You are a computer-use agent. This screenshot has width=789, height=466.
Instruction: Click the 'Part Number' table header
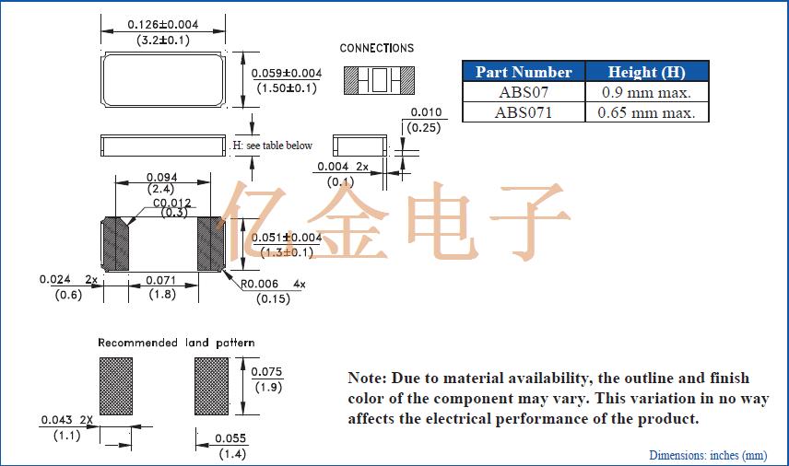click(x=523, y=72)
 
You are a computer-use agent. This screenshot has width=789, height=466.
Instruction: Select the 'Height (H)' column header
click(x=647, y=72)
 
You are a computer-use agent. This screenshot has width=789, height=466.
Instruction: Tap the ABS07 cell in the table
click(x=523, y=92)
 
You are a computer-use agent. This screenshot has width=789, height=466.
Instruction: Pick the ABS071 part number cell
click(x=523, y=112)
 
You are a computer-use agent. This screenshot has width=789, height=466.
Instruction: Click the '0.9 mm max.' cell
click(x=647, y=92)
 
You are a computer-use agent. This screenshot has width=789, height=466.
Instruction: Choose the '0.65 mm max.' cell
click(x=647, y=112)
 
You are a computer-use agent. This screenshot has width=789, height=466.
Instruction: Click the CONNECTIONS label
click(x=377, y=48)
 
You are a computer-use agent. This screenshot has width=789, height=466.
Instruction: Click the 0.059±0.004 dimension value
click(x=287, y=73)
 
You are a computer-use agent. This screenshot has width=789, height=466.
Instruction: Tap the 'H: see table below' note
click(x=272, y=146)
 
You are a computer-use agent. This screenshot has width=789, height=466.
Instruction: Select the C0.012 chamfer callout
click(x=172, y=203)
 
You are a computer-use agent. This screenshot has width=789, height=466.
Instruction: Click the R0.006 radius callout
click(x=261, y=285)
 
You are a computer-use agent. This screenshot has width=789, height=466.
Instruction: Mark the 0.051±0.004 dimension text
click(x=287, y=238)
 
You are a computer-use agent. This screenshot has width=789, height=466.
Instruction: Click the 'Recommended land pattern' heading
click(x=176, y=343)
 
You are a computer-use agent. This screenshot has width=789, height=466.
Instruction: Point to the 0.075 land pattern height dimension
click(x=268, y=372)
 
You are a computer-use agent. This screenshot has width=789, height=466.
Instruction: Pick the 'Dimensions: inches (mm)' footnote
click(x=707, y=455)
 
